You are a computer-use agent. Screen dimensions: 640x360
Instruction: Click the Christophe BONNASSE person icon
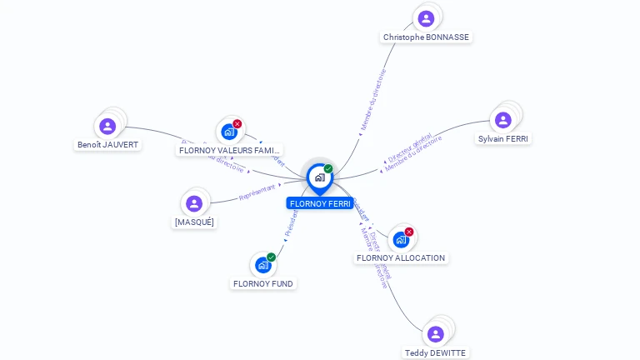pos(426,18)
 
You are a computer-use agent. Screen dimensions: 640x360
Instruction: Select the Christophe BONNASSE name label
pos(426,37)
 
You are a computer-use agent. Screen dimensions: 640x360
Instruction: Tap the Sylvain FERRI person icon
pos(502,120)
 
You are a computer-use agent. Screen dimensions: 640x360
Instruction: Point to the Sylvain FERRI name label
pos(502,139)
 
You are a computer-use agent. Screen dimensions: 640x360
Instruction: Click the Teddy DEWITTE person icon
pos(435,334)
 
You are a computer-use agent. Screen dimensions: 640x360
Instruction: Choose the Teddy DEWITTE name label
pos(435,353)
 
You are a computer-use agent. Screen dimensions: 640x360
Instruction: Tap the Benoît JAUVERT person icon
pos(107,126)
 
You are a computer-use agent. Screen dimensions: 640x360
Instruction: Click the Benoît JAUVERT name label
pos(107,145)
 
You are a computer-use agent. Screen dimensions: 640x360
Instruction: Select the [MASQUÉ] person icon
pos(194,203)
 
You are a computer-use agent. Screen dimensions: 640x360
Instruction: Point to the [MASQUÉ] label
pos(194,222)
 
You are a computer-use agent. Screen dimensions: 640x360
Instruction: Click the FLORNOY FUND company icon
pos(263,265)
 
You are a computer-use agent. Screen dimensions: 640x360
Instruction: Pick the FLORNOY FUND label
pos(263,284)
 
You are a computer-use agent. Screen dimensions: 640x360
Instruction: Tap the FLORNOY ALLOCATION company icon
pos(401,239)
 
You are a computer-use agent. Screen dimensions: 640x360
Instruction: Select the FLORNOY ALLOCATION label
pos(401,258)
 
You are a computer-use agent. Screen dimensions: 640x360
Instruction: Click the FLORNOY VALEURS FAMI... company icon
pos(229,132)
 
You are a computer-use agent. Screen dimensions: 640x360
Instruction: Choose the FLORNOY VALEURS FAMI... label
pos(230,151)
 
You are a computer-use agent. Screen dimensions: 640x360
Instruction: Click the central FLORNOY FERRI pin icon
pos(319,177)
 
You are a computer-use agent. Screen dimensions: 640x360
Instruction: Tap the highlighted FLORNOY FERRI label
pos(320,203)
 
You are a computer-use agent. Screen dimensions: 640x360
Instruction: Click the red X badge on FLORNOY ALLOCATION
pos(408,232)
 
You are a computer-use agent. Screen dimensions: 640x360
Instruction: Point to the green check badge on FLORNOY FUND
pos(271,257)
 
